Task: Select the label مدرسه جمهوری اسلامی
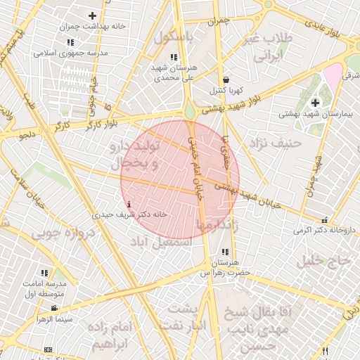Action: pyautogui.click(x=70, y=53)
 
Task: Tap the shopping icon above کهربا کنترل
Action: pyautogui.click(x=225, y=80)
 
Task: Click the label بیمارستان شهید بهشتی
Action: pyautogui.click(x=316, y=112)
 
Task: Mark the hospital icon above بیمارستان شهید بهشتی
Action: pyautogui.click(x=315, y=103)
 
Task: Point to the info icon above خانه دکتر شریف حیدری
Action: pyautogui.click(x=127, y=205)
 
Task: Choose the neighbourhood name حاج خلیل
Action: pyautogui.click(x=323, y=262)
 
